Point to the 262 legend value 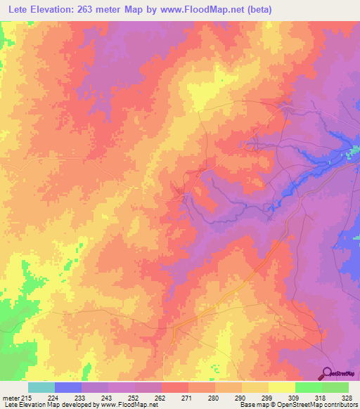[x=162, y=398]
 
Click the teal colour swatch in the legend [x=41, y=387]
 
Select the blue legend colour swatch [x=68, y=387]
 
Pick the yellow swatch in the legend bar [x=281, y=387]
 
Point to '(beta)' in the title [x=257, y=10]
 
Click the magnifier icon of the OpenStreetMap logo [x=327, y=373]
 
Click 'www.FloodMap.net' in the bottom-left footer [x=128, y=405]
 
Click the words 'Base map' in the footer [x=251, y=405]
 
